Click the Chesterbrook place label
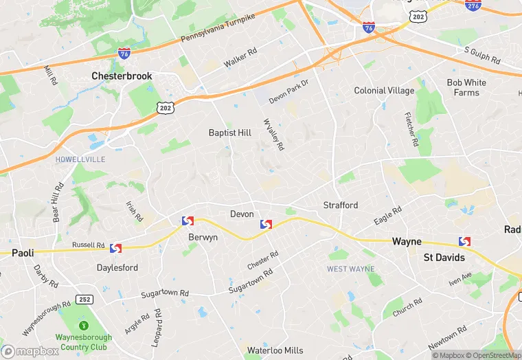click(122, 76)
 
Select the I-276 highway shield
click(473, 4)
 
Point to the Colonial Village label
click(384, 91)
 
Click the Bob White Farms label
click(466, 87)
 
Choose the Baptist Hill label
click(231, 133)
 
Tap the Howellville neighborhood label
click(81, 159)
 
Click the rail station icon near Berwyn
click(188, 221)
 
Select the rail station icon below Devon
click(266, 225)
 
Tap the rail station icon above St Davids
click(464, 241)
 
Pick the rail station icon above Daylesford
click(115, 248)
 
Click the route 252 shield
click(85, 299)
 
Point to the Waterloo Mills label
click(275, 350)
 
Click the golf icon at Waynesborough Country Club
click(84, 324)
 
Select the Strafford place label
click(341, 205)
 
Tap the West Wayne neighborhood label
click(350, 269)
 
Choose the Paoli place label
click(23, 253)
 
